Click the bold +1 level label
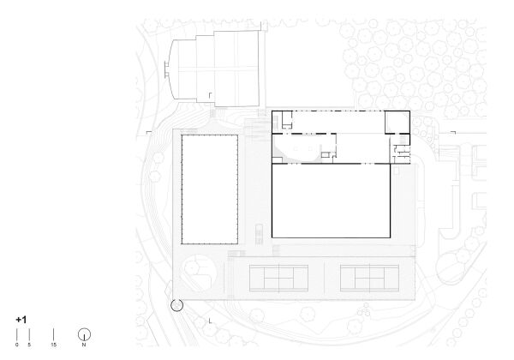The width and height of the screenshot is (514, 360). click(x=21, y=320)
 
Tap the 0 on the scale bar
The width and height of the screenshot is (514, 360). click(x=17, y=345)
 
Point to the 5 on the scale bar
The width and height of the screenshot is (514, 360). click(x=29, y=345)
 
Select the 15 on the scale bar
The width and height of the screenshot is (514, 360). click(x=53, y=345)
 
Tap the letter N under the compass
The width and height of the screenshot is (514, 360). click(x=84, y=345)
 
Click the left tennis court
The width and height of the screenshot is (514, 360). click(x=279, y=278)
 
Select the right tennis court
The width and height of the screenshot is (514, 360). click(x=369, y=278)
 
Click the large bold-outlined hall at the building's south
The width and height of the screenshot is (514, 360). click(x=331, y=201)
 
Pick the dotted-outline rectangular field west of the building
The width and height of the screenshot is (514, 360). click(x=210, y=189)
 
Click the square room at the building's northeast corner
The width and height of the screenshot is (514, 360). click(x=397, y=123)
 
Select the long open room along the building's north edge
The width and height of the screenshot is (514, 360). click(x=338, y=123)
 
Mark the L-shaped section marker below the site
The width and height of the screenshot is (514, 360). click(x=210, y=321)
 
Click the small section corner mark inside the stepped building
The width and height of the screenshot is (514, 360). click(x=210, y=95)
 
